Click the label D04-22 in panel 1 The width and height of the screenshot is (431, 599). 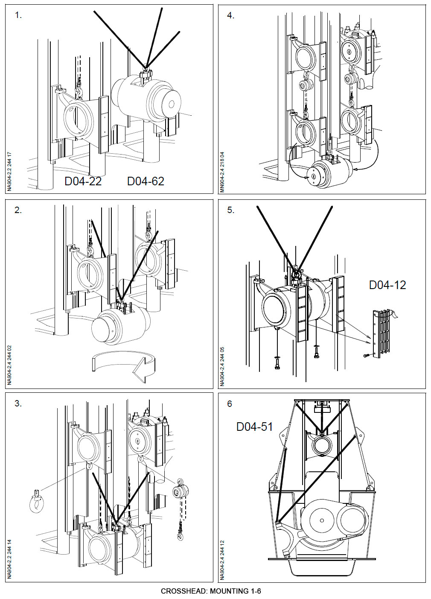83,181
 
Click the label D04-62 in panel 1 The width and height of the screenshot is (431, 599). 146,181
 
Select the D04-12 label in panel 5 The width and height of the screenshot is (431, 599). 387,285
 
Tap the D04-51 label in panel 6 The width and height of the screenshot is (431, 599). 254,426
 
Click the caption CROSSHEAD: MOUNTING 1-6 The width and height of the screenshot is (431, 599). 211,591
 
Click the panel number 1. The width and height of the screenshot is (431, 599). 18,15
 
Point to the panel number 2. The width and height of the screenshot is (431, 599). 18,210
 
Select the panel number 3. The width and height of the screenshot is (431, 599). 18,403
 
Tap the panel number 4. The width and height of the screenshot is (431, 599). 230,15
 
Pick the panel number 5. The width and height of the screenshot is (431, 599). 230,210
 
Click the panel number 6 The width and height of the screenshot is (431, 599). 230,403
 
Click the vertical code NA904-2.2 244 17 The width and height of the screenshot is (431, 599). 9,171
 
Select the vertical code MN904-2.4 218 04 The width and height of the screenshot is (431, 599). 221,171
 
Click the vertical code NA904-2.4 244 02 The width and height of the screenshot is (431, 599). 9,365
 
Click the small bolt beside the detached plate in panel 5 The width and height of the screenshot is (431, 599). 366,355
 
